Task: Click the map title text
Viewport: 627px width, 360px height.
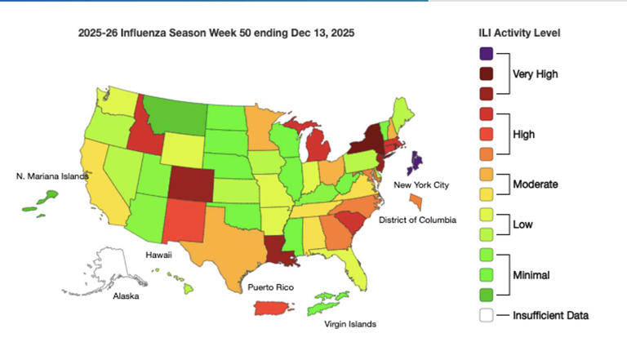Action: click(216, 33)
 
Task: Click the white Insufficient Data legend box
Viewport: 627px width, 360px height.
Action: click(486, 315)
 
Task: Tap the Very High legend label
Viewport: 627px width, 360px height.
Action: click(536, 74)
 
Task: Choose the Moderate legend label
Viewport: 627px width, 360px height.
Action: click(536, 184)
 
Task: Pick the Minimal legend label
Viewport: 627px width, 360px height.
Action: click(531, 276)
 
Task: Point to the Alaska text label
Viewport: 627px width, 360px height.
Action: click(126, 296)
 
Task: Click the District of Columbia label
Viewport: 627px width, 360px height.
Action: click(417, 220)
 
